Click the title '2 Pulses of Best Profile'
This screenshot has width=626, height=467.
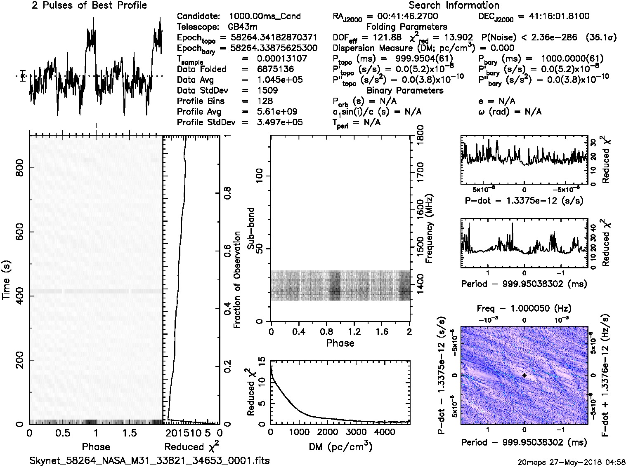click(89, 5)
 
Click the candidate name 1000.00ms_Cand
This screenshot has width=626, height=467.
click(265, 16)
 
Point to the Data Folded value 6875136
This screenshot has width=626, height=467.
click(275, 69)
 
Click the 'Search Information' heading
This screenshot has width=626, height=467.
click(454, 5)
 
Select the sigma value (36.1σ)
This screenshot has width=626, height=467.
click(601, 38)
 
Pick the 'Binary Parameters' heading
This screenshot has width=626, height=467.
click(405, 90)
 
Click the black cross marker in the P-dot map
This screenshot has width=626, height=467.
click(524, 375)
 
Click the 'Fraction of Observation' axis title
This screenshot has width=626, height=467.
click(237, 279)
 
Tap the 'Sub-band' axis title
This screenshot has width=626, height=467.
click(250, 228)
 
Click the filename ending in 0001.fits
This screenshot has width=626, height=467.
click(149, 460)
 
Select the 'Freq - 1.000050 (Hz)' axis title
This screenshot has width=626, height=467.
click(524, 308)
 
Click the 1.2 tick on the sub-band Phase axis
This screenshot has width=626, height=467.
click(354, 332)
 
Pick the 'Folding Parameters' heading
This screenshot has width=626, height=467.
click(406, 27)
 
